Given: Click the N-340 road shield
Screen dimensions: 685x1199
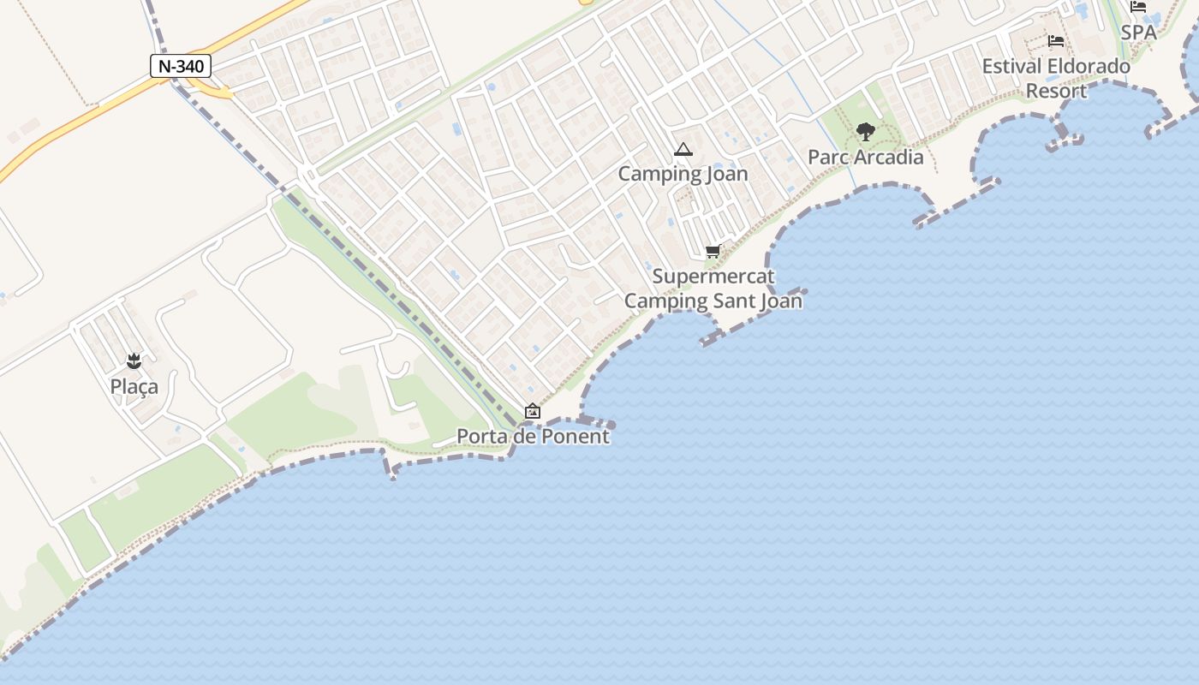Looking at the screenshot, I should coord(181,66).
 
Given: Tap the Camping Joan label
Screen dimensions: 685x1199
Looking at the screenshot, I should coord(683,174).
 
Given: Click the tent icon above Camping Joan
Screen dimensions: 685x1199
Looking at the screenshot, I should coord(683,150).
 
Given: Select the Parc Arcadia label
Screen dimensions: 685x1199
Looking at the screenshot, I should coord(866,157).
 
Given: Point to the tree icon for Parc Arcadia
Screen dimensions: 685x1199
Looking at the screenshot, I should coord(866,132).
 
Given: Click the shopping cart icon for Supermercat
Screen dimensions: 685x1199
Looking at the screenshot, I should coord(713,252).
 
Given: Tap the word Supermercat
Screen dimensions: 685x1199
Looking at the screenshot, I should coord(713,277).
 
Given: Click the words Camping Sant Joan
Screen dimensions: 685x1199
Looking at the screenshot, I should coord(713,301).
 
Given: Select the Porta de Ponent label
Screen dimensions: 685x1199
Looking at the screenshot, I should coord(533,436).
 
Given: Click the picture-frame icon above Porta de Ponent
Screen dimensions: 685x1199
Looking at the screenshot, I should coord(533,412).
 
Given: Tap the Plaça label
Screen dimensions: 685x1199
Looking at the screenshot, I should coord(134,387).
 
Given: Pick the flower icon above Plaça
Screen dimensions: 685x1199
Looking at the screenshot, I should coord(134,361).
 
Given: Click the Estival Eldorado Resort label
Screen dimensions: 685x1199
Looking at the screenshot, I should coord(1056,78).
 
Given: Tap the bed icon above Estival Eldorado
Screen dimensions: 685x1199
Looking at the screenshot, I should coord(1056,41).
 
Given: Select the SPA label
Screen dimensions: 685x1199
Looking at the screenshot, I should coord(1138,33).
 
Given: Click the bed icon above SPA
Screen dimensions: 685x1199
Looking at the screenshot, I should coord(1138,7).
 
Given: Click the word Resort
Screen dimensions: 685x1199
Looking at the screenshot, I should coord(1056,91).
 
